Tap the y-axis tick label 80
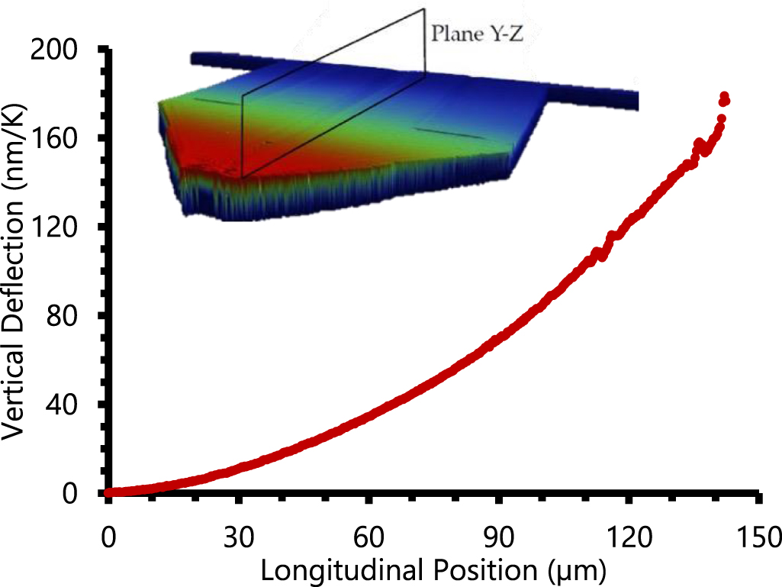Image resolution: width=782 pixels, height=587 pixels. (x=69, y=316)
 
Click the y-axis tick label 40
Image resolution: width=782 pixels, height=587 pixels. (x=69, y=405)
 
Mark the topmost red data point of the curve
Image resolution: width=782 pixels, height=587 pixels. (x=724, y=96)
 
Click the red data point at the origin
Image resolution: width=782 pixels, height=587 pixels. (x=109, y=492)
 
